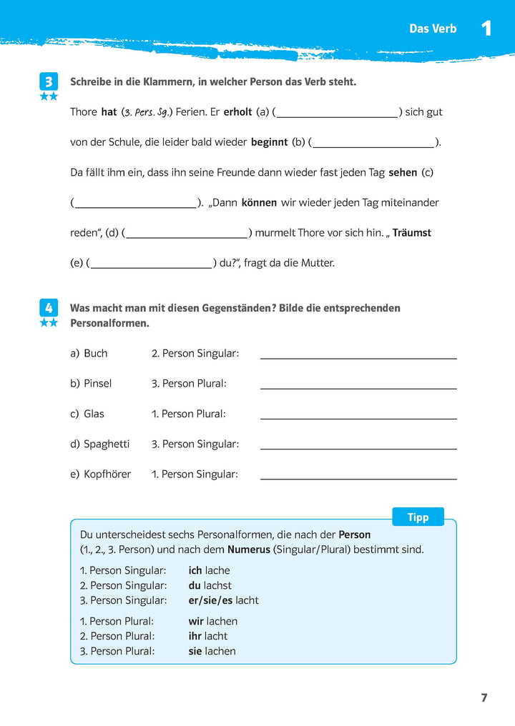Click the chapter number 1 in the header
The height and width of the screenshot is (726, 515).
tap(486, 29)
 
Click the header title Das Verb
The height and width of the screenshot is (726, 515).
tap(433, 29)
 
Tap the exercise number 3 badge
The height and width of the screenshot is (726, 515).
tap(49, 82)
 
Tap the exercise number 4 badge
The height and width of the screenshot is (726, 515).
tap(49, 308)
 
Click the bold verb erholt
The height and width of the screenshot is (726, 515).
tap(238, 112)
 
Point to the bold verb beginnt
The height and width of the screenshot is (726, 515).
tap(269, 142)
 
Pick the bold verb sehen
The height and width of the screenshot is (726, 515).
tap(402, 172)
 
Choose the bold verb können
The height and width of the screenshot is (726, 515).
tap(259, 202)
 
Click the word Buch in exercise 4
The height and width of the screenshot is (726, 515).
tap(96, 354)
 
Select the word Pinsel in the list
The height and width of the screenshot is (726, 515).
tap(97, 384)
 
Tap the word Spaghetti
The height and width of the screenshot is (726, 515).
tap(107, 444)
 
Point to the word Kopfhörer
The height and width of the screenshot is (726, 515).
tap(107, 474)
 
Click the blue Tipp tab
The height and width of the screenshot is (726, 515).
tap(418, 517)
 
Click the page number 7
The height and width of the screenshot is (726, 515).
tap(484, 698)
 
